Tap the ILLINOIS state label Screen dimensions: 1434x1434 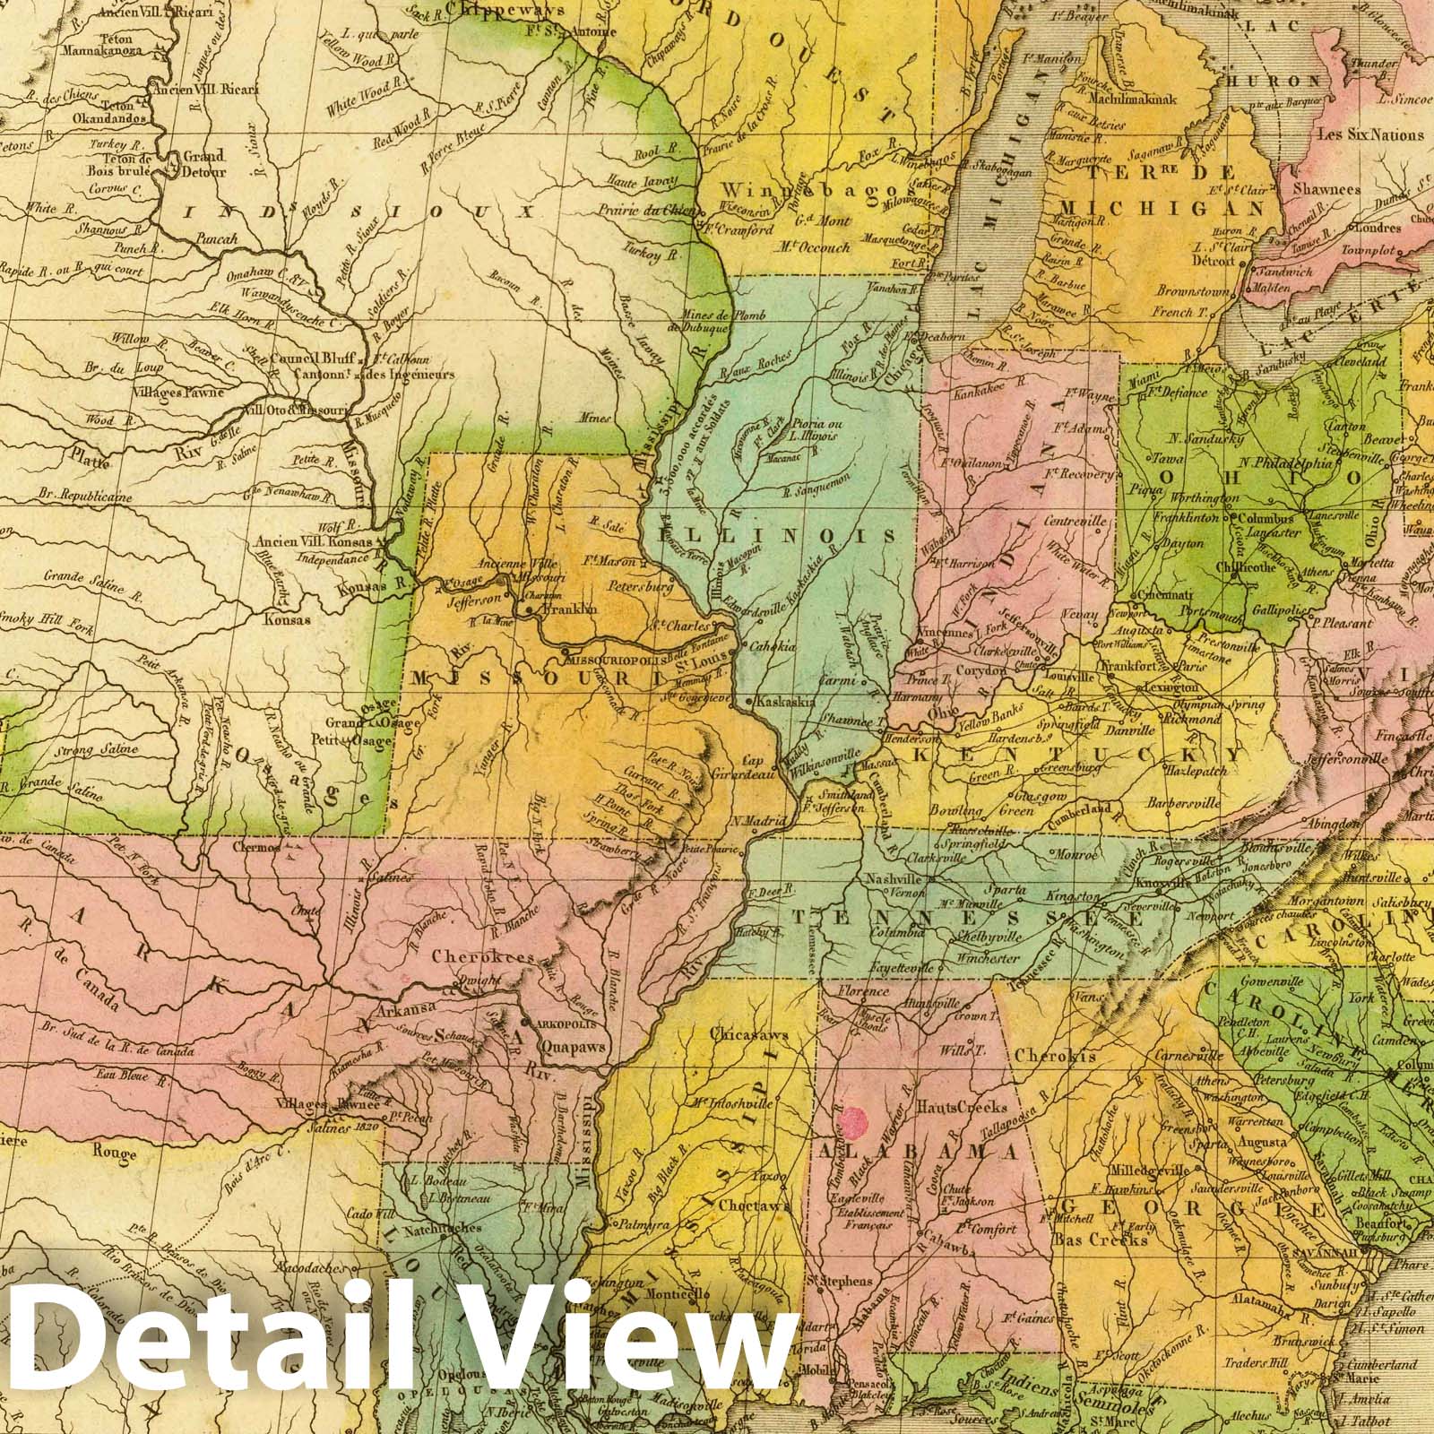776,535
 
